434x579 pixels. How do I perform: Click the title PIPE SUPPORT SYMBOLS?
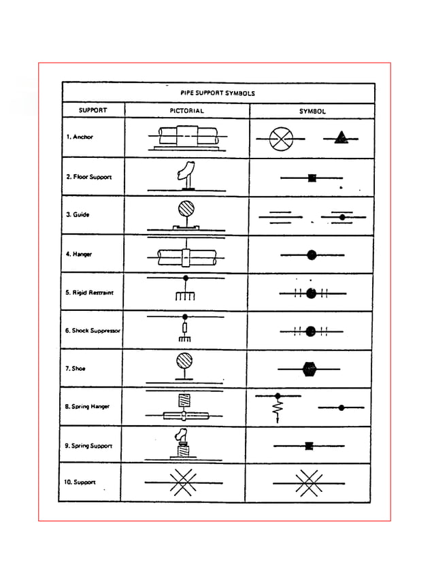[218, 93]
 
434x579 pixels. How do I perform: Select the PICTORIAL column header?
[186, 110]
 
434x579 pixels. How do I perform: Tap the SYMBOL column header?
[312, 111]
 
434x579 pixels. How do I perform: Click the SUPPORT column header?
[93, 110]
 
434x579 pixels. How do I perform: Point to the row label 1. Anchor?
[80, 137]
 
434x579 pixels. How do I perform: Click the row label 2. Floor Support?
[88, 177]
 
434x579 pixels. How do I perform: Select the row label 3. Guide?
[78, 215]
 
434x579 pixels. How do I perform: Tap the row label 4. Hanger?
[79, 254]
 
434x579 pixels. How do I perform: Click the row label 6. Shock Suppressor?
[93, 331]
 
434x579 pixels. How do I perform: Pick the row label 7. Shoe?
[76, 369]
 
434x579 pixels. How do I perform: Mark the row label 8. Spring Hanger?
[87, 407]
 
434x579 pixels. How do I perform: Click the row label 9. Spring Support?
[88, 446]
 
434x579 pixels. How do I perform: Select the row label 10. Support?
[80, 482]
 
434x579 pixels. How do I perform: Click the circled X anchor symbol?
[280, 139]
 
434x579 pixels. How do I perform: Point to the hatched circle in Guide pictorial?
[186, 208]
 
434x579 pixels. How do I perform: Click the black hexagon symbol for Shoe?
[310, 369]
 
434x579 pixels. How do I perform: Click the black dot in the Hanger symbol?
[312, 255]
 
